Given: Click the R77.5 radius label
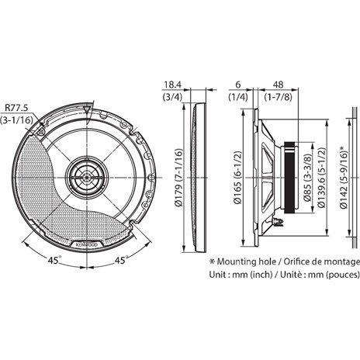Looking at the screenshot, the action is (x=16, y=108).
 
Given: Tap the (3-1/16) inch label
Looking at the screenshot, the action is (x=16, y=120).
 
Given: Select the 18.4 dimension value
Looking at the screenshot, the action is (x=173, y=85).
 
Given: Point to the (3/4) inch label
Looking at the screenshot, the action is (x=172, y=97).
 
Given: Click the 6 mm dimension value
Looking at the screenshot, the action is (x=238, y=85).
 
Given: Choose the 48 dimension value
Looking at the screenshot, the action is (x=279, y=85).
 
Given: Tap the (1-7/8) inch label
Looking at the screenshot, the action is (x=279, y=97).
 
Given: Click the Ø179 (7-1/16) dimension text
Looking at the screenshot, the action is (x=178, y=178).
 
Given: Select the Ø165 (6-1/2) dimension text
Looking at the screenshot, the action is (x=237, y=178).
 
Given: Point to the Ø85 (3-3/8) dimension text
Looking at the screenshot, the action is (x=307, y=178).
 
